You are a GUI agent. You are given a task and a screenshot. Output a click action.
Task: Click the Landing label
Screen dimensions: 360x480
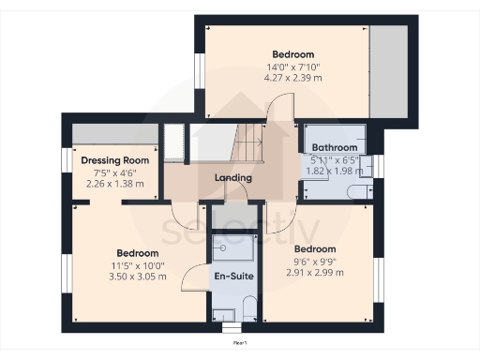coord(232,177)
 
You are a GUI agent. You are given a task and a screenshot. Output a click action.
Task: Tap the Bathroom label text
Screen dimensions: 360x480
coord(335,148)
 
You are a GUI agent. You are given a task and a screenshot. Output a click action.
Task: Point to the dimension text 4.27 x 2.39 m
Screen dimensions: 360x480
coord(292,79)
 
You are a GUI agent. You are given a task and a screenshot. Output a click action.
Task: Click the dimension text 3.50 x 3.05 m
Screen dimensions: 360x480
coord(137,277)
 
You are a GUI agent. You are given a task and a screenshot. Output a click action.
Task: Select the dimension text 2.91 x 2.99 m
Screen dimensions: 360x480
coord(315,272)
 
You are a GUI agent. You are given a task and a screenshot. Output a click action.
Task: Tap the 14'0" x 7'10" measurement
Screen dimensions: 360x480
coord(292,67)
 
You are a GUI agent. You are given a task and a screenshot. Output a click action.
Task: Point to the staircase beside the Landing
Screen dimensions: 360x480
coord(248,145)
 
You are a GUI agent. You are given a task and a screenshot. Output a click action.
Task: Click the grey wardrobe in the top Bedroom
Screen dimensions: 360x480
coord(388,70)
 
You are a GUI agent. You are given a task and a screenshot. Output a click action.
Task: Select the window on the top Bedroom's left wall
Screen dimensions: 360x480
coord(199,71)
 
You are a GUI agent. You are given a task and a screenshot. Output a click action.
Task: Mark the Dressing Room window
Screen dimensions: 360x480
coord(67,160)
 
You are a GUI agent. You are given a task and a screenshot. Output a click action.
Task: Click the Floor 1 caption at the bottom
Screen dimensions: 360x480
coord(240,344)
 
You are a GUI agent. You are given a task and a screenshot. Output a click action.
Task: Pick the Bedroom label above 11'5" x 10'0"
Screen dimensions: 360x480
coord(137,253)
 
